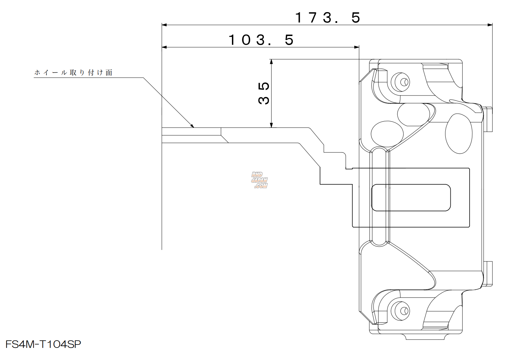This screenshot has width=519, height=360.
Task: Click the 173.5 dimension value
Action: (x=327, y=17)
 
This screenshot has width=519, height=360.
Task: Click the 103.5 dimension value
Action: (x=261, y=40)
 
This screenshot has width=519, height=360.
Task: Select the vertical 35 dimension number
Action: (x=264, y=93)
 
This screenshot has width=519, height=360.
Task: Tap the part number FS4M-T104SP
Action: (x=43, y=345)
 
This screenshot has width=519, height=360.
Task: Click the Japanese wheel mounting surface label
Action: (x=73, y=73)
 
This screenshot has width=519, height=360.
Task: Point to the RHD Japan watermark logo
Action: (x=259, y=180)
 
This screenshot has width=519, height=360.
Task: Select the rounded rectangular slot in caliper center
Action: (x=411, y=197)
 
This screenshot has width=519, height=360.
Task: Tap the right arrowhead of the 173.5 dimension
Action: (x=490, y=25)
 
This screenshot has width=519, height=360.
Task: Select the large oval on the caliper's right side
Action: (x=458, y=134)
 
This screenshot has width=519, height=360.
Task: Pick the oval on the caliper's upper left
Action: (x=387, y=133)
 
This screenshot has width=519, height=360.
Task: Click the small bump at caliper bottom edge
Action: (x=426, y=336)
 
